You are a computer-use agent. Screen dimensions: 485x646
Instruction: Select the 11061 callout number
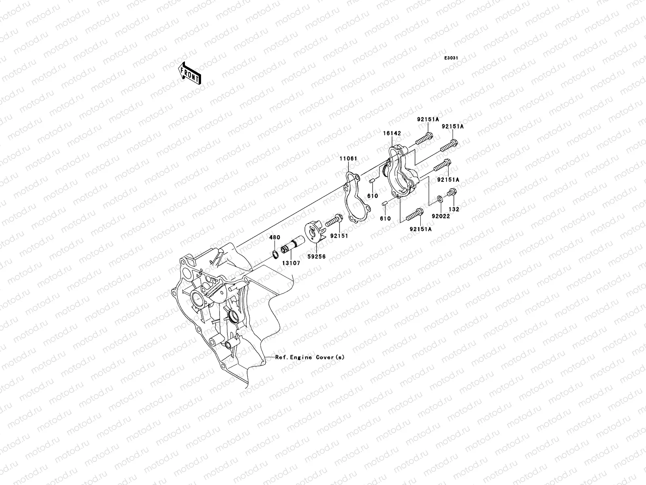348,159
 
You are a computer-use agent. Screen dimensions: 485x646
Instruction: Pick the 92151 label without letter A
340,235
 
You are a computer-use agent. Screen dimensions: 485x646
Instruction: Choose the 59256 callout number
317,256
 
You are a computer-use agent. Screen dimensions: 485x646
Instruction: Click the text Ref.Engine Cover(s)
310,357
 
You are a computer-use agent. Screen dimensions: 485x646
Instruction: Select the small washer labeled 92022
439,199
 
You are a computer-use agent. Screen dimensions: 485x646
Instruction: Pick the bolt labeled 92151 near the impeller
333,221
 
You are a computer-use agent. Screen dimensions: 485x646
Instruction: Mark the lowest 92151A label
421,229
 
